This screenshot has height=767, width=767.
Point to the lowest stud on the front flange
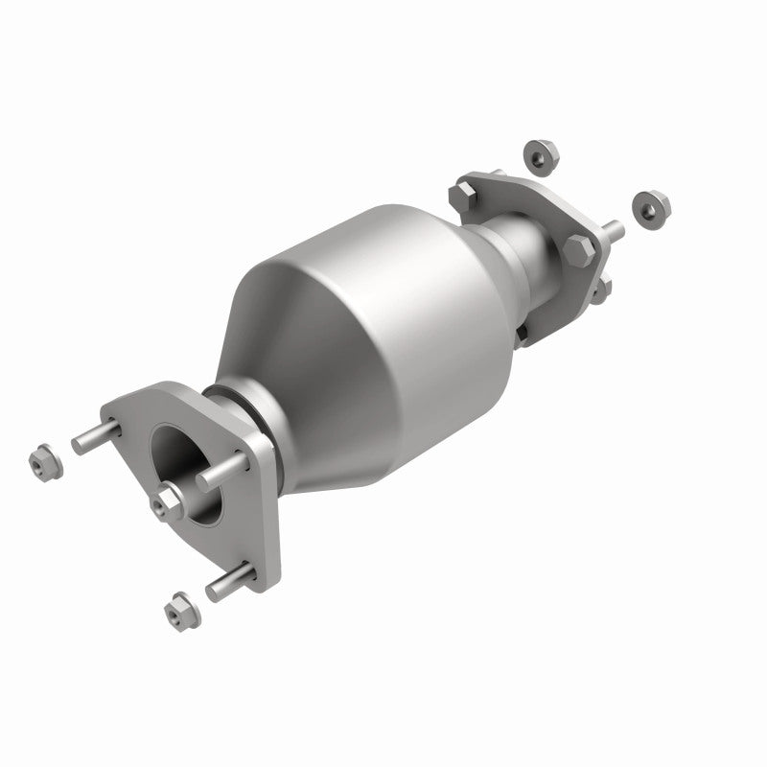point(228,582)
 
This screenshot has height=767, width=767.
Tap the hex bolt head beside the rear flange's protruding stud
point(579,251)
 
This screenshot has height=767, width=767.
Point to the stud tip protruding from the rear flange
point(612,230)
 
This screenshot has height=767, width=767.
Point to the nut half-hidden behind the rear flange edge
point(599,288)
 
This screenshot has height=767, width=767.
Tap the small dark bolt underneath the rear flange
point(523,333)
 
